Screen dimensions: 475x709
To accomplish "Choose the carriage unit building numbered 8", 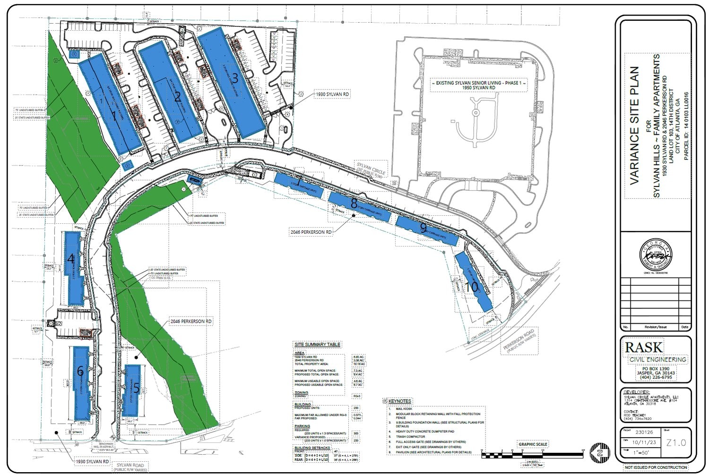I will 359,207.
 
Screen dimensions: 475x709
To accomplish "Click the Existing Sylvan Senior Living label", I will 478,85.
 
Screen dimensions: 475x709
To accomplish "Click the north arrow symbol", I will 600,453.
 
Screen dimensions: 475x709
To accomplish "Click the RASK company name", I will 644,347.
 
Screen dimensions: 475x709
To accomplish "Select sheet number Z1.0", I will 676,443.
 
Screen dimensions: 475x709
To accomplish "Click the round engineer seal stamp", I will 655,254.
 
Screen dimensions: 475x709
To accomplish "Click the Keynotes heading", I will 400,401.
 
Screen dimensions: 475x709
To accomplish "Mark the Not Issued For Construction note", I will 656,467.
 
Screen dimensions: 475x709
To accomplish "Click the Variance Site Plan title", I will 634,125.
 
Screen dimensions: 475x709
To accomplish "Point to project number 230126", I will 644,432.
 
